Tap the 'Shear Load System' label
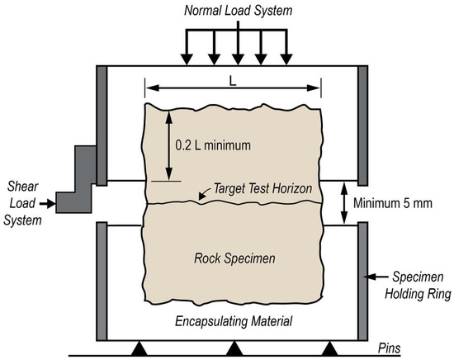click(21, 201)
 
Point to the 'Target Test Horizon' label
click(262, 189)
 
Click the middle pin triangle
click(234, 347)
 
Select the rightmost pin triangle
click(329, 347)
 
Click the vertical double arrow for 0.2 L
click(168, 146)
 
